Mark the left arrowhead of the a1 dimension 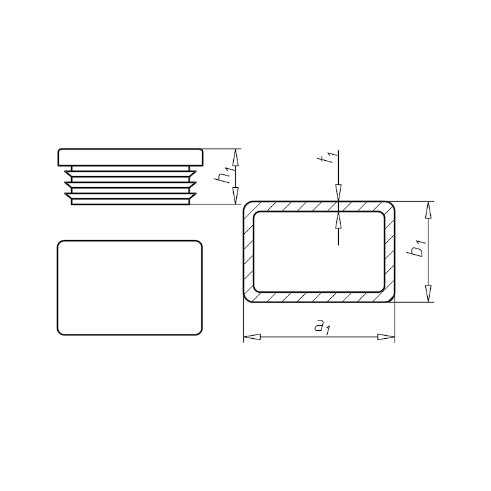point(252,336)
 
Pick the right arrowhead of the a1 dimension point(387,336)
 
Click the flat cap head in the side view point(131,157)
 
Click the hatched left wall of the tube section point(249,252)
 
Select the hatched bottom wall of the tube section point(319,297)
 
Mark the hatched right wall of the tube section point(390,252)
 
